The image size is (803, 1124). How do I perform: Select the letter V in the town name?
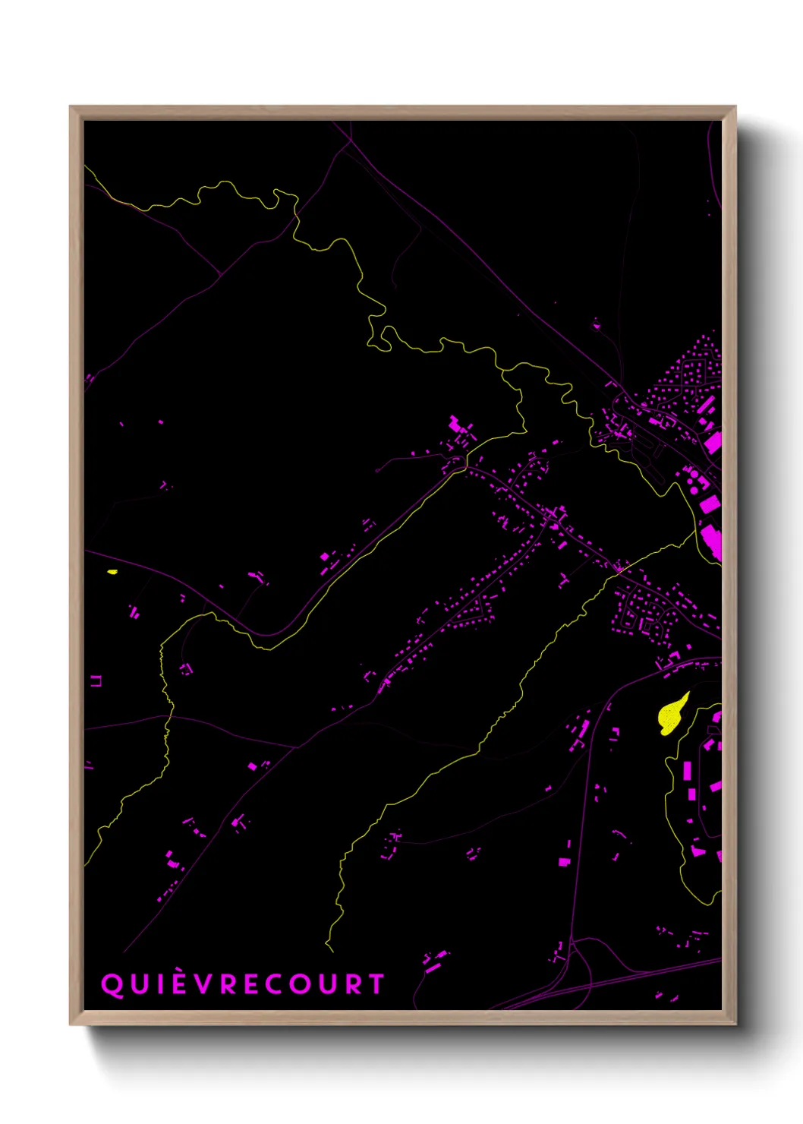[203, 984]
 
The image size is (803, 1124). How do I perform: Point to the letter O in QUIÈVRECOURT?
[299, 984]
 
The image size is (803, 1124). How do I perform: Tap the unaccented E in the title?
[250, 984]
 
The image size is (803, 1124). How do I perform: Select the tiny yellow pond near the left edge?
[112, 572]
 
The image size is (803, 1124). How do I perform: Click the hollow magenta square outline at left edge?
[96, 681]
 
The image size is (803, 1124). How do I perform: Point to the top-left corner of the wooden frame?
[71, 107]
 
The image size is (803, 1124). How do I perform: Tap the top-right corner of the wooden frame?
[735, 107]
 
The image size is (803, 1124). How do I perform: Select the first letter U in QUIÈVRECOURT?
[137, 984]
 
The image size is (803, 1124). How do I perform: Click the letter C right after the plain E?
[273, 984]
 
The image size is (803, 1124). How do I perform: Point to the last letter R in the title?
[352, 984]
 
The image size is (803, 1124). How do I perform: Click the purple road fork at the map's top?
[351, 141]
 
